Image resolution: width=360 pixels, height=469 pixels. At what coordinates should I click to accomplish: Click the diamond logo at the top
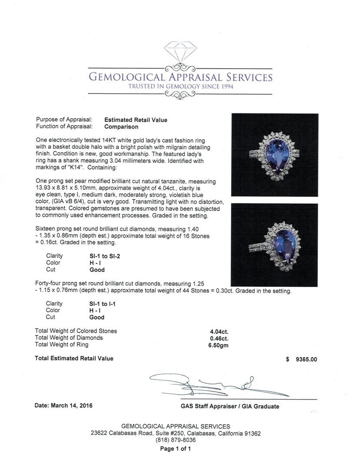tap(180, 51)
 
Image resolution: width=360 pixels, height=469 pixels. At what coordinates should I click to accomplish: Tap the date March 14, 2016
tap(63, 406)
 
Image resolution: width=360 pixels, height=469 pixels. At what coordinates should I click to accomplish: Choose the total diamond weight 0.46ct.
tap(219, 338)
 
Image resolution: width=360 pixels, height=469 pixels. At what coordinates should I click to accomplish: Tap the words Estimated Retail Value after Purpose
tap(135, 120)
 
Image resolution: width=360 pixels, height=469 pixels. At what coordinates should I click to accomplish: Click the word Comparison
tap(121, 127)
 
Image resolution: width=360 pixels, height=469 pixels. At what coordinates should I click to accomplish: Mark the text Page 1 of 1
tap(175, 449)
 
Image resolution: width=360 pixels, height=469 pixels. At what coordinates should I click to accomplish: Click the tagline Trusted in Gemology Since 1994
tap(181, 87)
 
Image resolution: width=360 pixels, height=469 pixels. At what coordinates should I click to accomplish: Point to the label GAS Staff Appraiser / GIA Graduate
tap(230, 406)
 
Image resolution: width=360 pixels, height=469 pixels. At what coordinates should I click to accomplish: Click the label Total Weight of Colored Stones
tap(76, 331)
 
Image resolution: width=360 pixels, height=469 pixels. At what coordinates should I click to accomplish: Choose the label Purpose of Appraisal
tap(64, 120)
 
